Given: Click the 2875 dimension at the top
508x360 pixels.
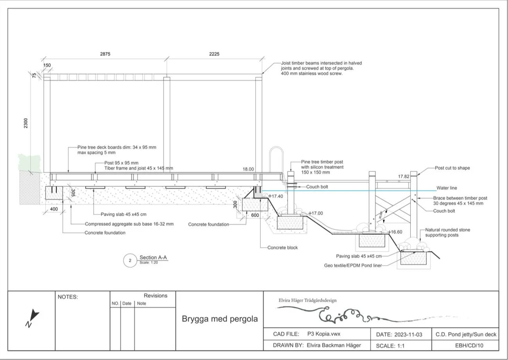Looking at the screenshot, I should pos(105,54).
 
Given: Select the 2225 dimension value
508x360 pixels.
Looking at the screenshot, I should pos(214,54).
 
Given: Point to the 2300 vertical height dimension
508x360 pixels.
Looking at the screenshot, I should pos(26,123).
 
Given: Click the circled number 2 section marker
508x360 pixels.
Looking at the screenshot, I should pos(130,260).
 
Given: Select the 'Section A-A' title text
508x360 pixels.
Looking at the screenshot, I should pos(153,257).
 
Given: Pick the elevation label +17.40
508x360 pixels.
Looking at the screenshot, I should pos(276,196).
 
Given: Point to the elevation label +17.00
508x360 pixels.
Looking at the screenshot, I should pos(316,213).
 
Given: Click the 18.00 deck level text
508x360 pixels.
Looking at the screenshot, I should pos(248,169).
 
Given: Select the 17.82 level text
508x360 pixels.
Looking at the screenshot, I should pos(404,177).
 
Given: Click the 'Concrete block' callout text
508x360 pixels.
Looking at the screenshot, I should pos(282,248).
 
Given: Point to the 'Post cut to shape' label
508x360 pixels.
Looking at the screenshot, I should pos(452,168).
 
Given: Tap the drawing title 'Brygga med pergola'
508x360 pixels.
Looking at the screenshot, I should pos(220,319).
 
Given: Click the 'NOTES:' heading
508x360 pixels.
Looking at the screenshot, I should pos(68,297).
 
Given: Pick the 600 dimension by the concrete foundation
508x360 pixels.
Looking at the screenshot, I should pos(255,215).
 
